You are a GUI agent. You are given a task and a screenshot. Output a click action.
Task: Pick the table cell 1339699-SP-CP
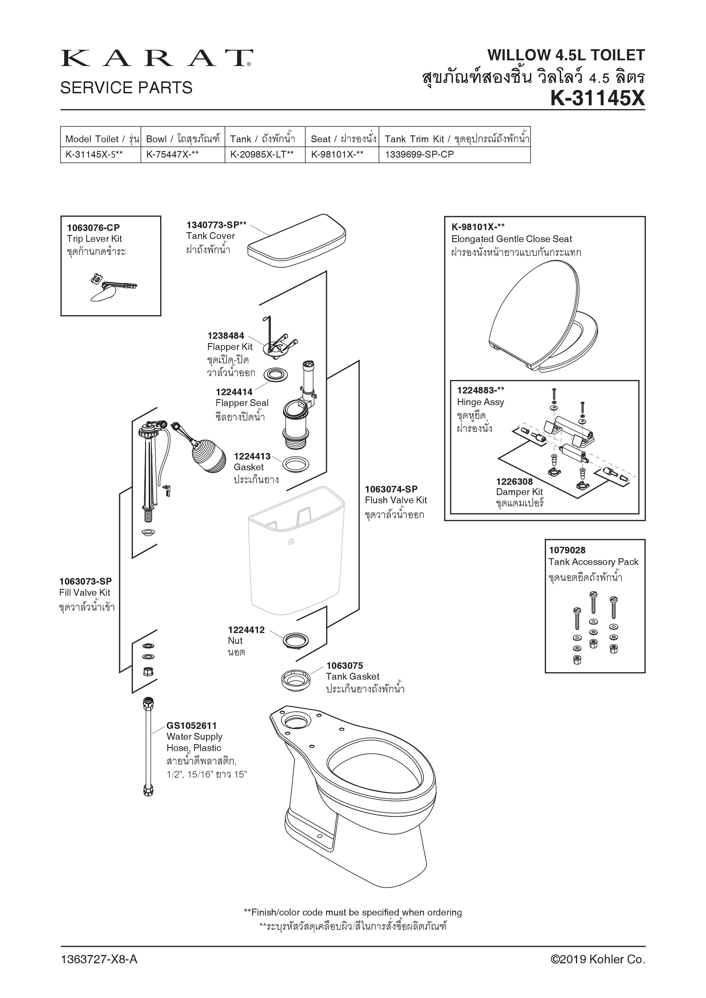pos(419,154)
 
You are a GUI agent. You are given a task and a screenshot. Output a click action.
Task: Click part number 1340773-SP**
pos(216,225)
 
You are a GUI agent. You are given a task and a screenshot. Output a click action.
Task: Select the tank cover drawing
pos(297,242)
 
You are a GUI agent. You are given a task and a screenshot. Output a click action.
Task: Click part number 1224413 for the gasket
pos(252,456)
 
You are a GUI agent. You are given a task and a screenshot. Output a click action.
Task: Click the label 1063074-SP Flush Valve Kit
pos(396,495)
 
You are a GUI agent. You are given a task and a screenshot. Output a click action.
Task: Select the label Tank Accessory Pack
pos(593,562)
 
